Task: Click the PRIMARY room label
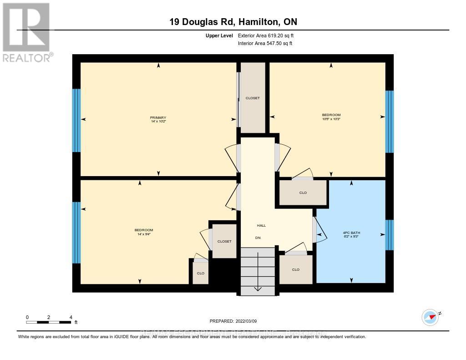pyautogui.click(x=158, y=117)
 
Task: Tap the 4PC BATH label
pyautogui.click(x=351, y=233)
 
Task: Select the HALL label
pyautogui.click(x=261, y=225)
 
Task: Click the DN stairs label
pyautogui.click(x=258, y=238)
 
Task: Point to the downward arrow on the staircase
pyautogui.click(x=258, y=273)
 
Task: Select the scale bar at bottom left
pyautogui.click(x=49, y=322)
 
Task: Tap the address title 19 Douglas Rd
pyautogui.click(x=233, y=22)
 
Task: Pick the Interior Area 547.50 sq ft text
pyautogui.click(x=265, y=44)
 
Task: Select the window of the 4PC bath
pyautogui.click(x=390, y=235)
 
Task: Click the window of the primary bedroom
pyautogui.click(x=76, y=120)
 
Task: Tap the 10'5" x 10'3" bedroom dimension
pyautogui.click(x=331, y=119)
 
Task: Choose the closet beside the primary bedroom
pyautogui.click(x=253, y=97)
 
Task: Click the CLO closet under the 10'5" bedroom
pyautogui.click(x=303, y=193)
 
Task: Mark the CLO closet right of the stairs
pyautogui.click(x=296, y=269)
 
